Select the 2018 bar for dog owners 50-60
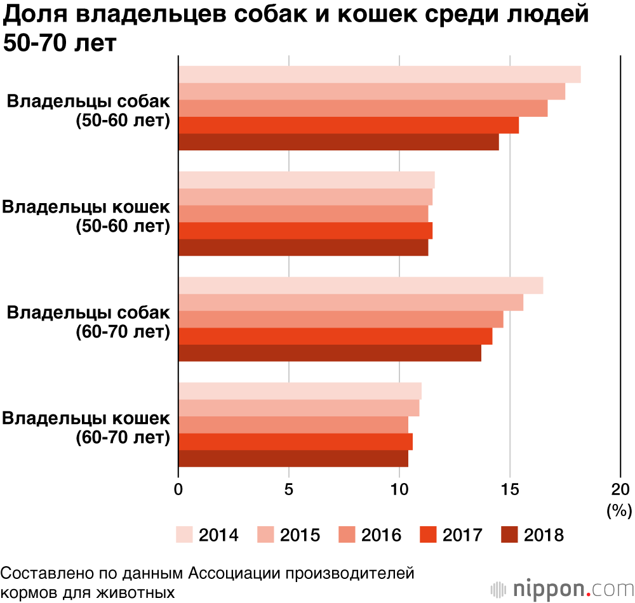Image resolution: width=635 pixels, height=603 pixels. pyautogui.click(x=338, y=142)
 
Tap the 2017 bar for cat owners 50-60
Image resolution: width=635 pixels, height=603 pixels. pyautogui.click(x=305, y=230)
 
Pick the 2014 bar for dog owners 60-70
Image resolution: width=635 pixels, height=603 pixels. pyautogui.click(x=361, y=286)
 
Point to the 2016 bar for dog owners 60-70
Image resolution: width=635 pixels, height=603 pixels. pyautogui.click(x=340, y=319)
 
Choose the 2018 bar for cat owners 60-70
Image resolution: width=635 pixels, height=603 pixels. pyautogui.click(x=293, y=458)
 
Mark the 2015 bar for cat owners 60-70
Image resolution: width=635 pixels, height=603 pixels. pyautogui.click(x=298, y=408)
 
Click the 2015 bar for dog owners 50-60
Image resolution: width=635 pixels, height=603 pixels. pyautogui.click(x=371, y=91)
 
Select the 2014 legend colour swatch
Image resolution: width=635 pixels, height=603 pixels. pyautogui.click(x=184, y=535)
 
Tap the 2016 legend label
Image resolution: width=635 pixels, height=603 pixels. pyautogui.click(x=381, y=535)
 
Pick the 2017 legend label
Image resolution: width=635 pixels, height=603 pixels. pyautogui.click(x=462, y=535)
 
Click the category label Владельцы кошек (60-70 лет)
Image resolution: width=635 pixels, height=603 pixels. pyautogui.click(x=87, y=428)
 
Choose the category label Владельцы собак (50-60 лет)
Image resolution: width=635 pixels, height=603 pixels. pyautogui.click(x=89, y=111)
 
